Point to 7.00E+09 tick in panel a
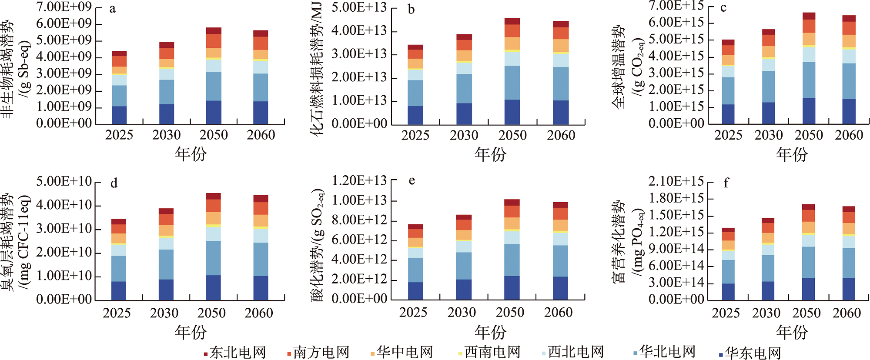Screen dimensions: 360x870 click(x=64, y=7)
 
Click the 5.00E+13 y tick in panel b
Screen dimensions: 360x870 click(x=359, y=7)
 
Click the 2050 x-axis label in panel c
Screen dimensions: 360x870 click(x=809, y=135)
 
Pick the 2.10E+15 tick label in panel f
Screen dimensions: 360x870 click(x=676, y=181)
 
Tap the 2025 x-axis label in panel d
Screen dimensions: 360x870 click(x=117, y=313)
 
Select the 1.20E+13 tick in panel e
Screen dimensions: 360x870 click(x=359, y=180)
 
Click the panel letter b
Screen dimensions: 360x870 click(x=411, y=10)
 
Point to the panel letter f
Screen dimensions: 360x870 click(x=726, y=183)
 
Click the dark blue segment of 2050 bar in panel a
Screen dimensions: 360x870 click(x=214, y=113)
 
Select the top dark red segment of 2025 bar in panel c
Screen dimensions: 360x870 click(x=728, y=43)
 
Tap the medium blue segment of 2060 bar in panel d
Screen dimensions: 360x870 click(x=261, y=259)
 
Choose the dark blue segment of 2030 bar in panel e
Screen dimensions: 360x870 click(x=464, y=290)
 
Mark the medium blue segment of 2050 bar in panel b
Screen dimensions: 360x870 click(x=512, y=83)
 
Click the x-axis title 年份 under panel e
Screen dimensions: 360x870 click(x=490, y=332)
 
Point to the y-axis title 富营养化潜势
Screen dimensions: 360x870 click(x=619, y=241)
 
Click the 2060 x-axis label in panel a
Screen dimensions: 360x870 click(x=261, y=135)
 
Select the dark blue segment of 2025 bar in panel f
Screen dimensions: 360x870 click(x=728, y=292)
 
